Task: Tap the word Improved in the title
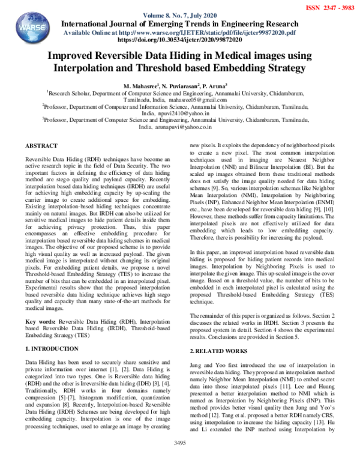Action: [73, 56]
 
